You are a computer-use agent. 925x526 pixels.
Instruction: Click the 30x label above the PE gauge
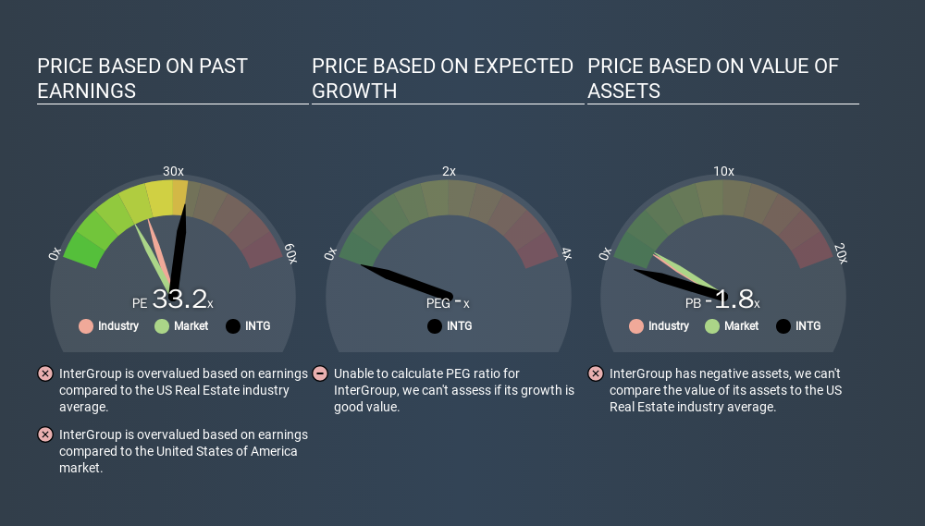pyautogui.click(x=174, y=171)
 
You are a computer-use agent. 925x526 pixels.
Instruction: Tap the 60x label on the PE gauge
pyautogui.click(x=290, y=253)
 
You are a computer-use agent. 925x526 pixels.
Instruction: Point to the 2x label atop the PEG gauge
pyautogui.click(x=449, y=171)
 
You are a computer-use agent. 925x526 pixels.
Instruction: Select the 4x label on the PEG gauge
pyautogui.click(x=566, y=253)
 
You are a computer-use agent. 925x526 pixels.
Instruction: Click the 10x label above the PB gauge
pyautogui.click(x=724, y=171)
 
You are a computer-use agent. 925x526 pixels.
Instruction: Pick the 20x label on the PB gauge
pyautogui.click(x=841, y=253)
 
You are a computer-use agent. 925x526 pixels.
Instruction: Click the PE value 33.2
pyautogui.click(x=179, y=299)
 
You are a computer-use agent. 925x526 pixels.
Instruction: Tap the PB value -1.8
pyautogui.click(x=729, y=299)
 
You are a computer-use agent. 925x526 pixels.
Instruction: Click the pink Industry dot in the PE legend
pyautogui.click(x=86, y=326)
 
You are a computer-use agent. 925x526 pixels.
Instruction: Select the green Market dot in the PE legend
pyautogui.click(x=162, y=326)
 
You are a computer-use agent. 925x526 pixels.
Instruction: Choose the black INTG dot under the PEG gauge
pyautogui.click(x=435, y=326)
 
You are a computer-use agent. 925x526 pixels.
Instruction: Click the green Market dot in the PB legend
pyautogui.click(x=712, y=326)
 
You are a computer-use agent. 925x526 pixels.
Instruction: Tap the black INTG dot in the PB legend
pyautogui.click(x=783, y=326)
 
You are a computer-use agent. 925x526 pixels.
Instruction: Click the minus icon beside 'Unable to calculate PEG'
pyautogui.click(x=320, y=373)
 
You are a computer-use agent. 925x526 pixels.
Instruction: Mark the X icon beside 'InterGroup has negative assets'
pyautogui.click(x=596, y=373)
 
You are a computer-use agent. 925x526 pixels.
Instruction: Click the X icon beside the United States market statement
pyautogui.click(x=45, y=434)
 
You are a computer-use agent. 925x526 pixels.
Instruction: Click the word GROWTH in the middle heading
pyautogui.click(x=354, y=92)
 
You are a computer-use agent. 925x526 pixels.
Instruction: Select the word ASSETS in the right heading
pyautogui.click(x=624, y=92)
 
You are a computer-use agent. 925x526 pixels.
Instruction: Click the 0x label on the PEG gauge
pyautogui.click(x=330, y=253)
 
